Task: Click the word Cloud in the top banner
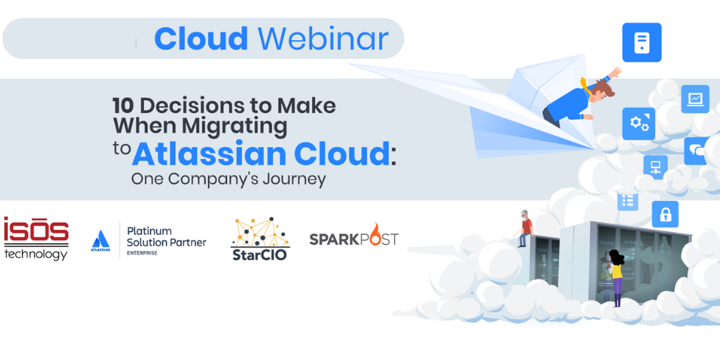(x=201, y=39)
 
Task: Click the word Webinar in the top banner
(x=323, y=39)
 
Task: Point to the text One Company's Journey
(x=229, y=179)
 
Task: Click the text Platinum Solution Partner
(x=166, y=236)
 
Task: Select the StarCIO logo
(x=259, y=239)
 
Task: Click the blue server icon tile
(x=642, y=42)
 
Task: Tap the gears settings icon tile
(x=638, y=124)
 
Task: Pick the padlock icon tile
(x=665, y=214)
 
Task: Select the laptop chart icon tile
(x=695, y=98)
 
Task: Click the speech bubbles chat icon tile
(x=700, y=150)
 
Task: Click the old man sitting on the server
(x=526, y=229)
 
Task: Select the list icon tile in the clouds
(x=628, y=200)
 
